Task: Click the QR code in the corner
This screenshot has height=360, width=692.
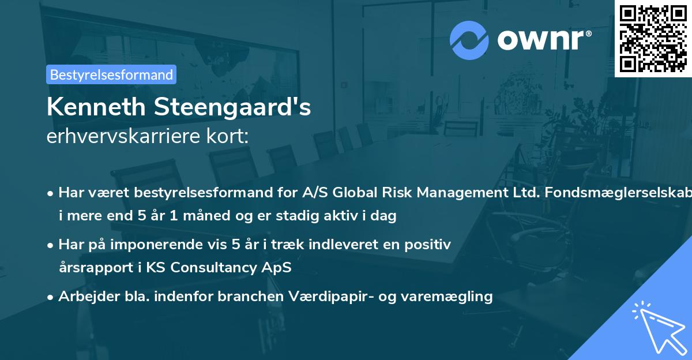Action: coord(653,38)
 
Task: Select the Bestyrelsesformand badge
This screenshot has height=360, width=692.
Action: coord(111,74)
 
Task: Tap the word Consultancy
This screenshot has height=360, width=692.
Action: coord(227,268)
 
